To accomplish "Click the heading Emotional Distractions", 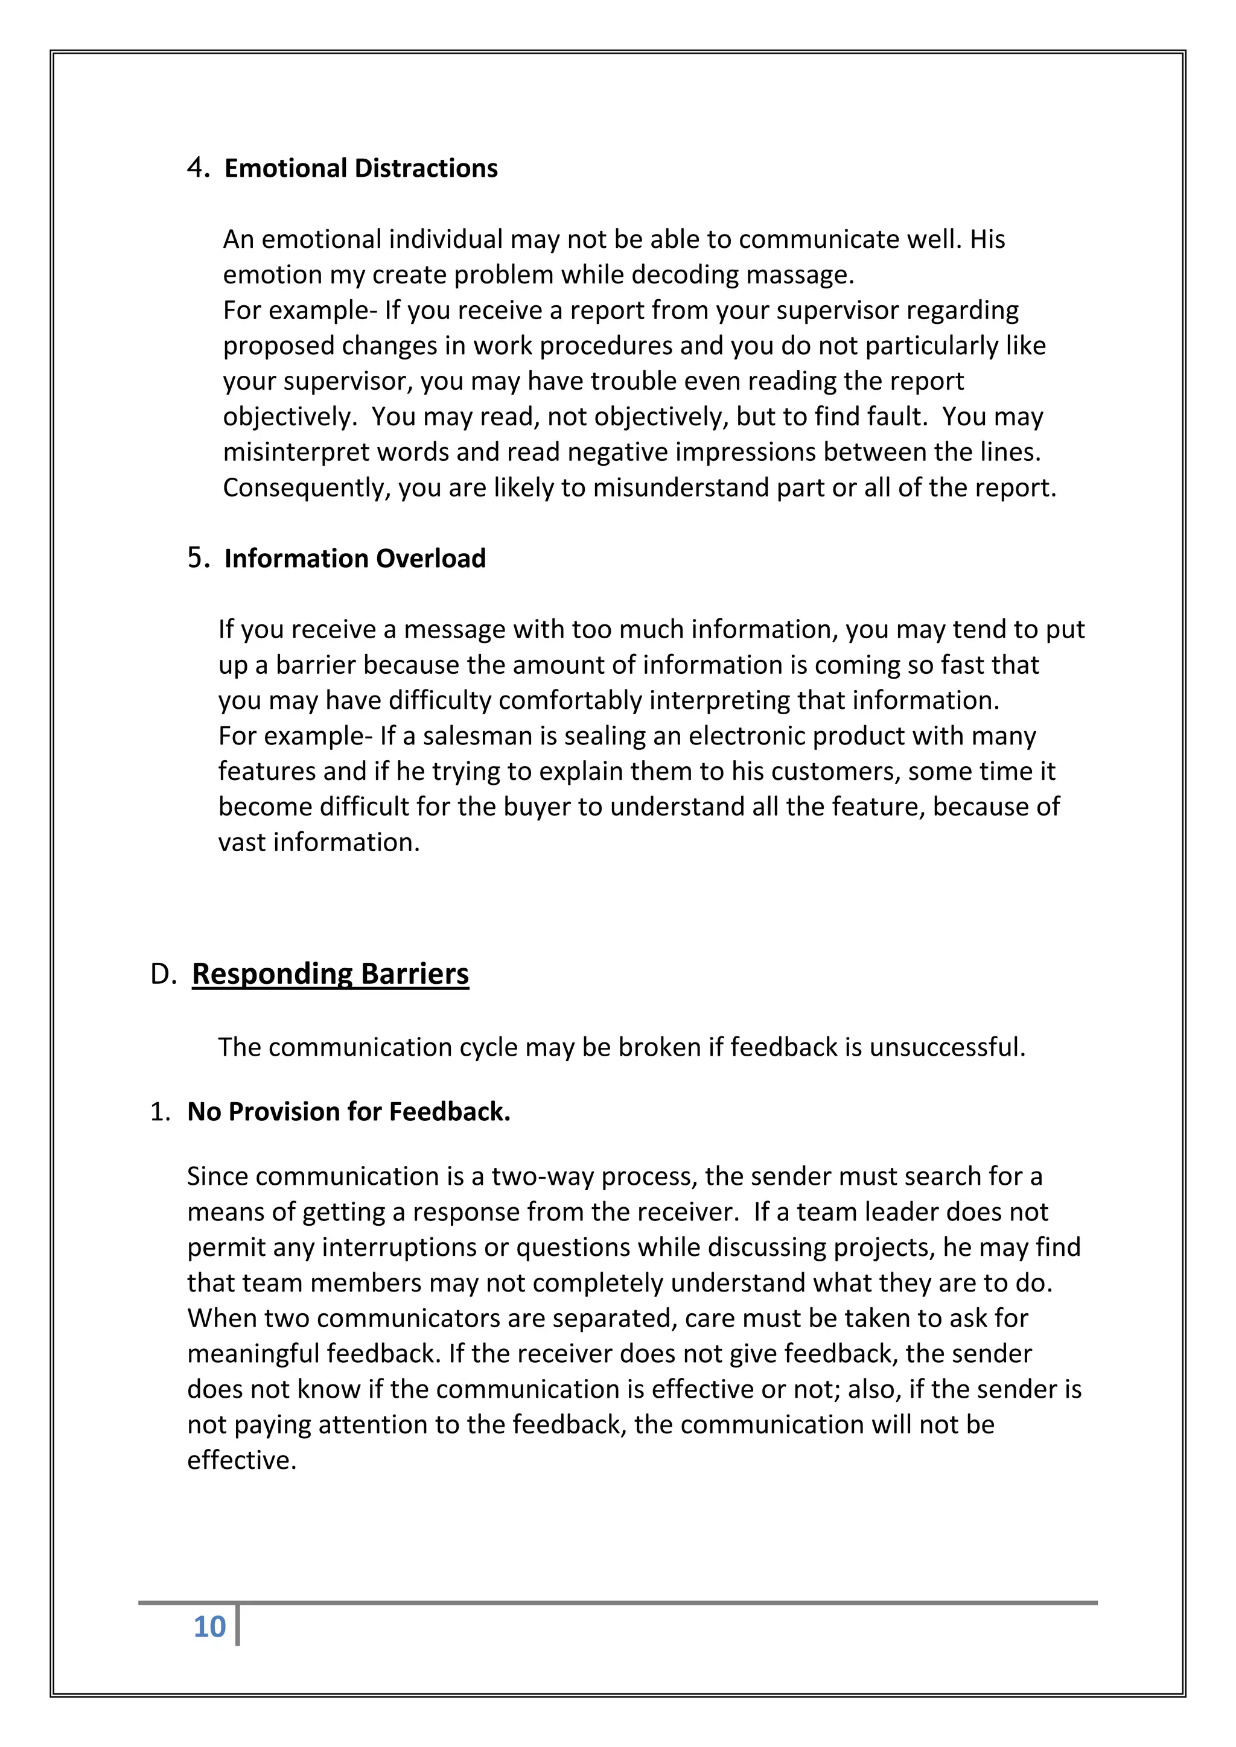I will coord(361,168).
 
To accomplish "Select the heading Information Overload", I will coord(355,559).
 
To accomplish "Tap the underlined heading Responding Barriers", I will coord(330,974).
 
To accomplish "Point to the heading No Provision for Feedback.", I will coord(349,1112).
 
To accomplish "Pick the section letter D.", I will coord(163,974).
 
